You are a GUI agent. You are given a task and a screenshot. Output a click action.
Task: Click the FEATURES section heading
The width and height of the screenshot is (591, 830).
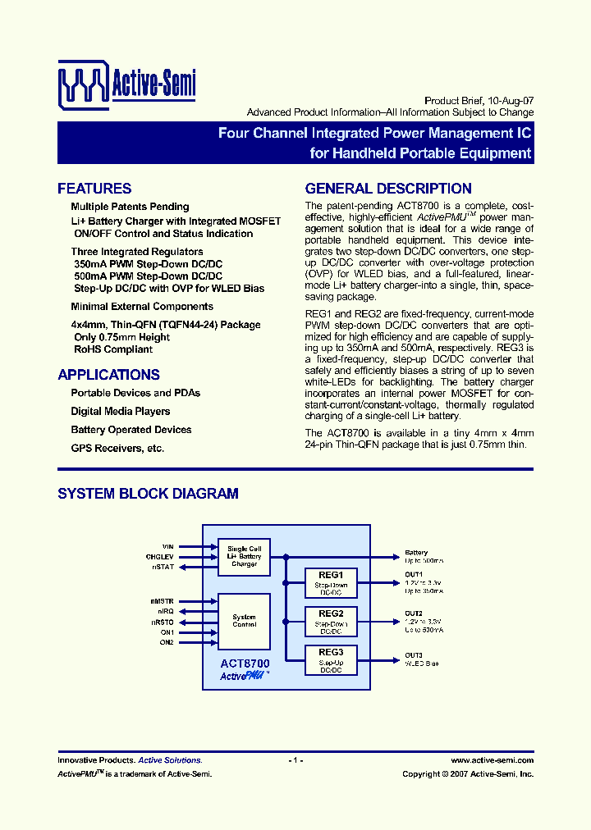(x=94, y=189)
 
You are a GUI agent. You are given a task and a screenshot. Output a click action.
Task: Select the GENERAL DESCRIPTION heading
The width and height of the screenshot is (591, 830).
(x=388, y=189)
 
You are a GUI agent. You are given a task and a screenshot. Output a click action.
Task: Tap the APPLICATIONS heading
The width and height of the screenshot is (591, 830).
(x=108, y=375)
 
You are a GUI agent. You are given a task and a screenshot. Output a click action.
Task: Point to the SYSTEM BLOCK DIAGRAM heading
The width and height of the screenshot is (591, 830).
(x=148, y=494)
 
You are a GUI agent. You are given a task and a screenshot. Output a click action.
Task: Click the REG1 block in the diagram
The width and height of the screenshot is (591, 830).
(x=331, y=581)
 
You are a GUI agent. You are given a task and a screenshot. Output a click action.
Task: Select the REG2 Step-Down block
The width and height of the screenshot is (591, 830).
(x=331, y=620)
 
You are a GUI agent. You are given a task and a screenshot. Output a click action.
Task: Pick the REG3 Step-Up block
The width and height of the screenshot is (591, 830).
(x=331, y=659)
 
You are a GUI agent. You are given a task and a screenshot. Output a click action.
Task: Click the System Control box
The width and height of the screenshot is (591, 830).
(x=244, y=621)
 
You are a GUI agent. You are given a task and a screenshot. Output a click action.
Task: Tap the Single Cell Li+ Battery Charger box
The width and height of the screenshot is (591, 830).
(x=244, y=556)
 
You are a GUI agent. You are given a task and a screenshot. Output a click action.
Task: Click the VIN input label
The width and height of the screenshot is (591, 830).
(x=167, y=546)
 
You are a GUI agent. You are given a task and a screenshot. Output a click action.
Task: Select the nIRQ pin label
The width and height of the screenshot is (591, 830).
(x=165, y=612)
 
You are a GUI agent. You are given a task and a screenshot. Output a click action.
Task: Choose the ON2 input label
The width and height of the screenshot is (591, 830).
(x=167, y=642)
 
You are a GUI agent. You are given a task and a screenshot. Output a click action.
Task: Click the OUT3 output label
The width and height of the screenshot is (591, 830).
(x=414, y=654)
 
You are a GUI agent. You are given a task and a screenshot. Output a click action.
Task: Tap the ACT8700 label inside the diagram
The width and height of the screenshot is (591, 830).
(x=245, y=664)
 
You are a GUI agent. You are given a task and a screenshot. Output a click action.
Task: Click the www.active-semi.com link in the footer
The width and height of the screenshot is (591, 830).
(x=492, y=760)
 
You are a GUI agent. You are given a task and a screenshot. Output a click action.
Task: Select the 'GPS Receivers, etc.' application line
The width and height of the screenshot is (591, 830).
(x=117, y=449)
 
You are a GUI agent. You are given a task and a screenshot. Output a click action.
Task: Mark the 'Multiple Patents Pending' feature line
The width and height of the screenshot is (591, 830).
(x=130, y=207)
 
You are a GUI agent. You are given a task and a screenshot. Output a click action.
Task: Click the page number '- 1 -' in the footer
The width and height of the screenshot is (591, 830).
(x=296, y=760)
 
